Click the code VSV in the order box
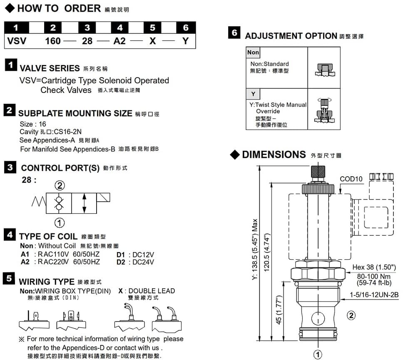17,41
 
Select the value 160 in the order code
53,41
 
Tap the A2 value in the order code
119,41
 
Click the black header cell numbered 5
152,27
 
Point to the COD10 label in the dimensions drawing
351,179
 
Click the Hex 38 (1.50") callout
374,267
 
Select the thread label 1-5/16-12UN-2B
374,295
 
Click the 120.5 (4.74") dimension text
267,252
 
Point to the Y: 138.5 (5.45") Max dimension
255,249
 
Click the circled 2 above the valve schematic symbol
60,185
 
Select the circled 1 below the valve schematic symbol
60,223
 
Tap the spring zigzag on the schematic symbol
39,201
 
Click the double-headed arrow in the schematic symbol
84,203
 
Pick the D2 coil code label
121,262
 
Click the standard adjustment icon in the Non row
324,70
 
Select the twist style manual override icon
324,110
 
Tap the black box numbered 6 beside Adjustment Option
234,32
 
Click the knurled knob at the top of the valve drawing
318,172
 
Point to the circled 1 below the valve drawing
318,354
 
